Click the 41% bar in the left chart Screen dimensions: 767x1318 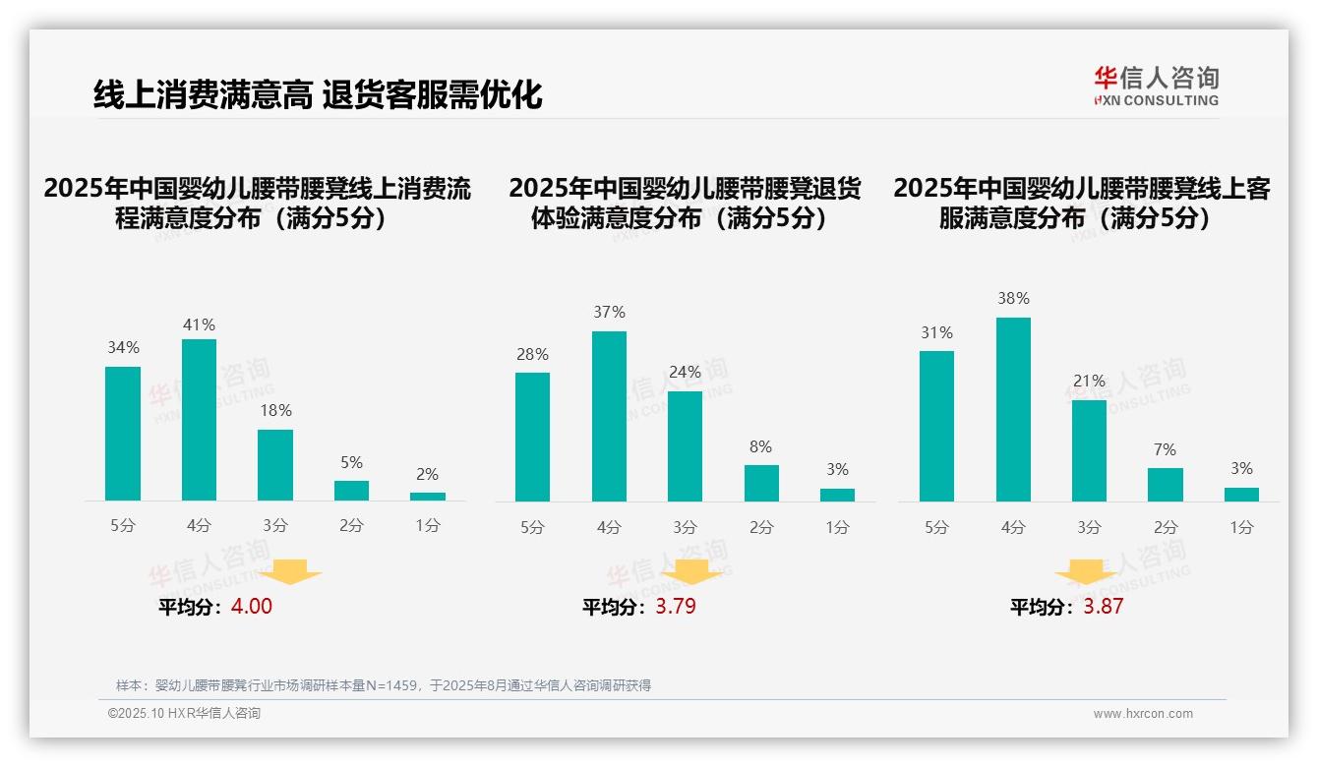click(200, 420)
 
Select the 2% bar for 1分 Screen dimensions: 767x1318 click(428, 497)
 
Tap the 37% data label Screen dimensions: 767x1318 click(609, 312)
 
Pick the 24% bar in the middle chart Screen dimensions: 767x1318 click(685, 446)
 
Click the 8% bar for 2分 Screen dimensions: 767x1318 click(761, 483)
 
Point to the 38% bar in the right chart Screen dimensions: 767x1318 click(1013, 409)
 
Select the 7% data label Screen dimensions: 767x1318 click(1166, 449)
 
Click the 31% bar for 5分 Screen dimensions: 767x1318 click(936, 426)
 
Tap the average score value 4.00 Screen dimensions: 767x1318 click(251, 607)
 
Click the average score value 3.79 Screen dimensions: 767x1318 click(676, 607)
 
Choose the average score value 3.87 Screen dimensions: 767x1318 click(1103, 607)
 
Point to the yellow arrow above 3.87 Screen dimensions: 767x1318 click(1086, 571)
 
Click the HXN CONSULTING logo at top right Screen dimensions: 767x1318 click(1156, 86)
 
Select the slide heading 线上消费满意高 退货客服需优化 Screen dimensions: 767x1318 click(318, 94)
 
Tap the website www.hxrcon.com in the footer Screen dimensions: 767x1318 click(1143, 714)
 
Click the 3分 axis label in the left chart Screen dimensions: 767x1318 click(275, 526)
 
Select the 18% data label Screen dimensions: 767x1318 click(275, 410)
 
